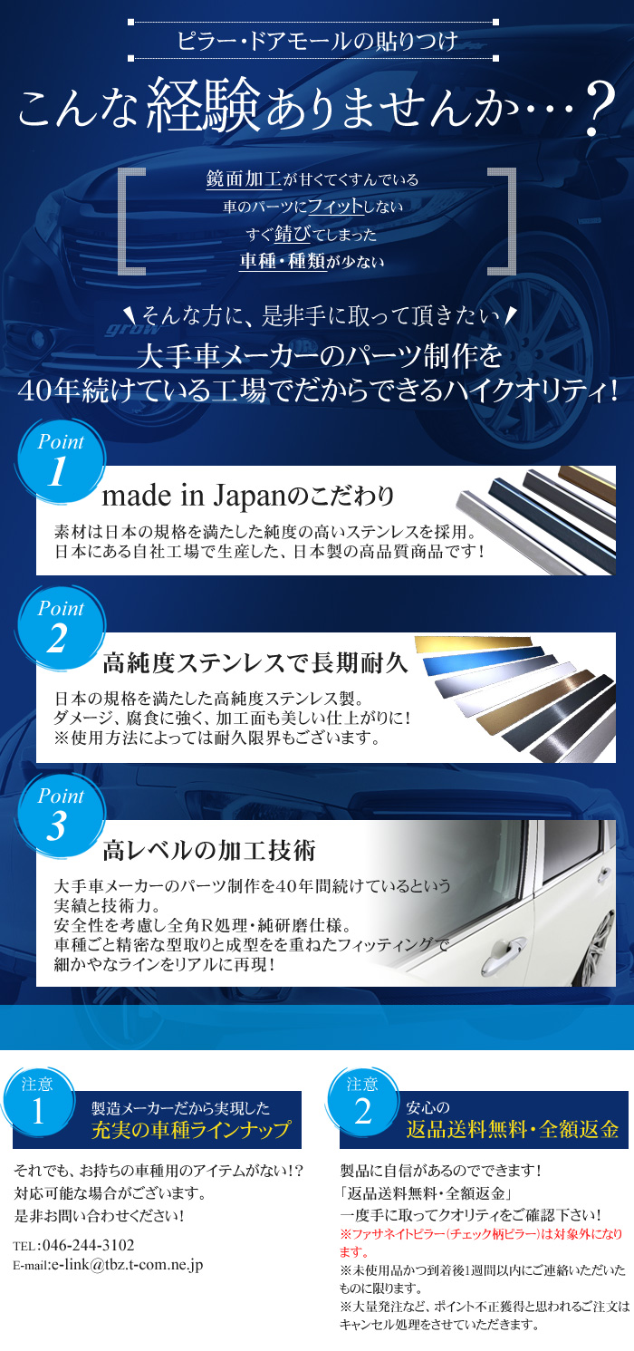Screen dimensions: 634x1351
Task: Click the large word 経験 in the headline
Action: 203,104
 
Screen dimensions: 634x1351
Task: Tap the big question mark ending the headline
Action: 599,109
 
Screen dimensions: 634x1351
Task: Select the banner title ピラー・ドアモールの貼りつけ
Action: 317,41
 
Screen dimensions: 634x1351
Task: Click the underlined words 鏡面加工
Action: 244,179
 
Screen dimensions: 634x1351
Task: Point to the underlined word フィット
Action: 336,207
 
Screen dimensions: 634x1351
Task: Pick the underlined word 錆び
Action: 292,234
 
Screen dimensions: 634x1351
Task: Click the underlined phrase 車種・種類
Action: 283,261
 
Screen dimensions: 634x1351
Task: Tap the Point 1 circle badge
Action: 61,461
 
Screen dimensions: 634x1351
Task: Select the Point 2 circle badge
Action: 61,629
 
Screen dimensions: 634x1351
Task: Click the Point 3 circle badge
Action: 61,816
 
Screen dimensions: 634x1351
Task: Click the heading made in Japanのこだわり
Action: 247,496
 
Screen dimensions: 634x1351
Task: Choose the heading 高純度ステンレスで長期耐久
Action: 255,663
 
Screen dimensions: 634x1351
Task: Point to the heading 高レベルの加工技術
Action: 209,851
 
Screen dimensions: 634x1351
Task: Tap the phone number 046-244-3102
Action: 88,1246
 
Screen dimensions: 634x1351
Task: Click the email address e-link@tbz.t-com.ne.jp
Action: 127,1265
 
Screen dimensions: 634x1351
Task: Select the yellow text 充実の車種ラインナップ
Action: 191,1130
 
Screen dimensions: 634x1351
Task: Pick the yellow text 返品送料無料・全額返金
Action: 513,1129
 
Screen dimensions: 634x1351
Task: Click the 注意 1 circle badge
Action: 39,1103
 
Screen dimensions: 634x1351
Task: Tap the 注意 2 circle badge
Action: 363,1103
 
